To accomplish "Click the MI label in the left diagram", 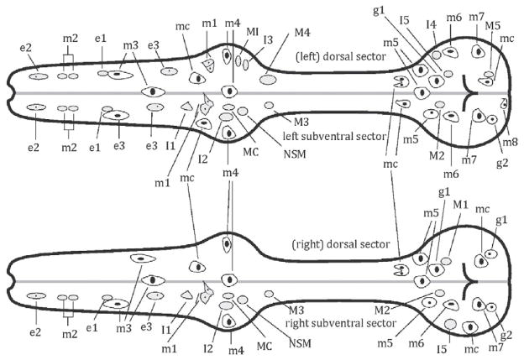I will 253,31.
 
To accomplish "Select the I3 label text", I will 268,39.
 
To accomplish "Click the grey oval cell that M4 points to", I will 268,80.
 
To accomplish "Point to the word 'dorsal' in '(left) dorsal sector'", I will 341,56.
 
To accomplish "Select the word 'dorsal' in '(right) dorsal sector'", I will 344,245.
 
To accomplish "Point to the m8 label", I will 511,142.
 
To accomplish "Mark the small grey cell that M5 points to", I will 489,75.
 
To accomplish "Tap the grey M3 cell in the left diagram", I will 269,106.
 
